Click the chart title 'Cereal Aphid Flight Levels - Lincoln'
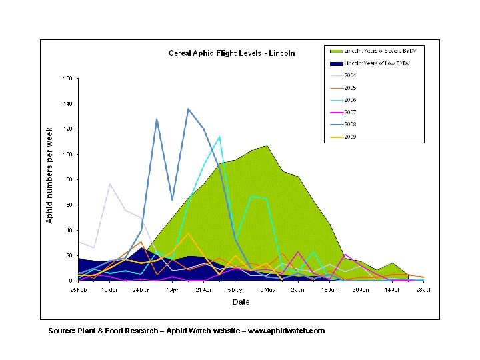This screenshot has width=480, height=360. pyautogui.click(x=231, y=53)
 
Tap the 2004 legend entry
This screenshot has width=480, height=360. pyautogui.click(x=350, y=75)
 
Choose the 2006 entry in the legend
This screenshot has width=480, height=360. pyautogui.click(x=350, y=100)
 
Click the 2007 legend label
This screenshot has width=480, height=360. pyautogui.click(x=350, y=112)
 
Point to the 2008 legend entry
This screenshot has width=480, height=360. pyautogui.click(x=350, y=125)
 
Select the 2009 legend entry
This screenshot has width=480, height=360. pyautogui.click(x=350, y=137)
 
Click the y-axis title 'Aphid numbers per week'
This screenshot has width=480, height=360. pyautogui.click(x=50, y=176)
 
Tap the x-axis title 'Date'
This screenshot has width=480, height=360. pyautogui.click(x=241, y=302)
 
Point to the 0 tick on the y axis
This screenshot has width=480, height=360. pyautogui.click(x=70, y=281)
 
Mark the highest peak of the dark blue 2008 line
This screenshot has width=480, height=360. pyautogui.click(x=188, y=109)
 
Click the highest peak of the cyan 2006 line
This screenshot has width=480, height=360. pyautogui.click(x=219, y=137)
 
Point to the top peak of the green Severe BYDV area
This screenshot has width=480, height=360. pyautogui.click(x=267, y=145)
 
